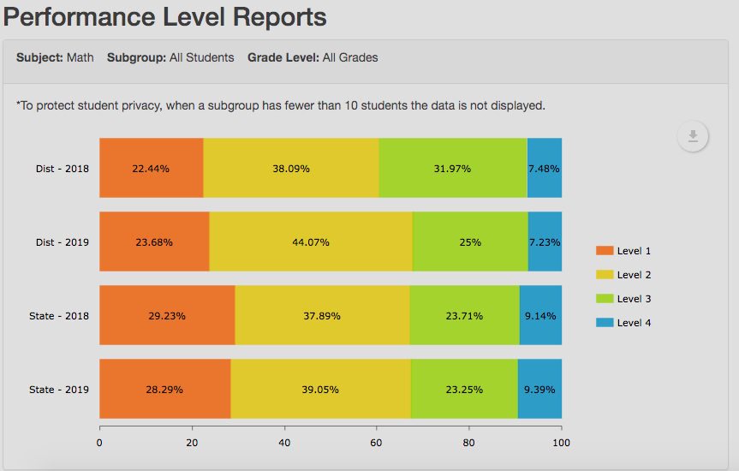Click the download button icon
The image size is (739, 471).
click(693, 136)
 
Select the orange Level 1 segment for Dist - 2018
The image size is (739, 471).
click(152, 168)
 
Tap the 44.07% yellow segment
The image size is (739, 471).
click(310, 241)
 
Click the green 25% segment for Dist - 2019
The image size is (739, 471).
click(469, 241)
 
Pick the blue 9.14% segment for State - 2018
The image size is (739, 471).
click(540, 315)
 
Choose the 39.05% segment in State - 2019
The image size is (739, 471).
click(320, 389)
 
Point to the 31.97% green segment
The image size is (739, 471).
click(452, 168)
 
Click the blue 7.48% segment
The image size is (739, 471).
click(545, 168)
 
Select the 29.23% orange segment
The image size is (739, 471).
click(167, 315)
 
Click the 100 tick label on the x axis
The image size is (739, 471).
click(561, 443)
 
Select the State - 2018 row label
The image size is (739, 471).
click(59, 316)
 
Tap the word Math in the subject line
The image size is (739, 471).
click(80, 57)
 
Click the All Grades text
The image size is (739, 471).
click(350, 57)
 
